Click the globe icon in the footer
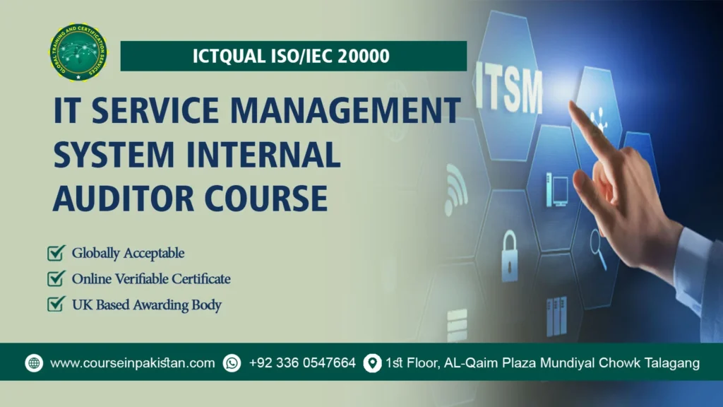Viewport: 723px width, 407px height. coord(34,363)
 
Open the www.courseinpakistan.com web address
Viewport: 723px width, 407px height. coord(133,363)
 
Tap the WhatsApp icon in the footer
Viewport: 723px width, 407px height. coord(232,363)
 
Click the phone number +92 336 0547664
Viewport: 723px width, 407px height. coord(302,363)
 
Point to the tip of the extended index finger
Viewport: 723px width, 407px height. coord(573,106)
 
